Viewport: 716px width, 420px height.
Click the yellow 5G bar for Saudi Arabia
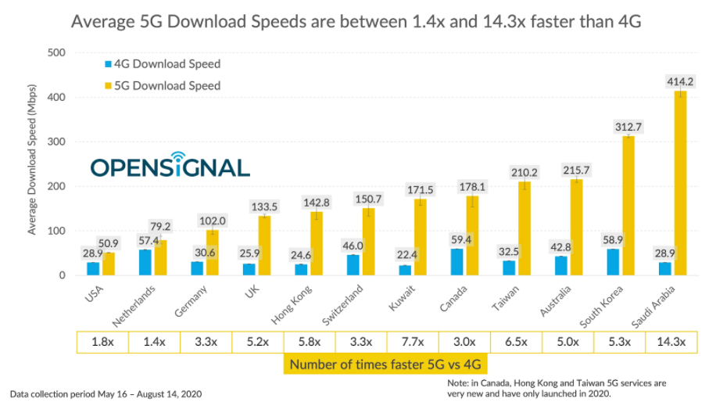tap(680, 183)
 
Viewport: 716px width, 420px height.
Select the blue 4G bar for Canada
tap(457, 262)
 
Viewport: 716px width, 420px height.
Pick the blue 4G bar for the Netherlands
tap(145, 263)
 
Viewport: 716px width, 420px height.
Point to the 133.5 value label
tap(265, 206)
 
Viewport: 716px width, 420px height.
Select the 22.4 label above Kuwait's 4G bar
tap(405, 254)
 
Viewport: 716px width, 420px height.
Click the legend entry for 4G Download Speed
tap(163, 64)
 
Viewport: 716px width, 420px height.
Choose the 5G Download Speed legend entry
tap(163, 86)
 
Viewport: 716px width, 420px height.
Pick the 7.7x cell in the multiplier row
tap(413, 342)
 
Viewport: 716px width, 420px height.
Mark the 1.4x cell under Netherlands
tap(154, 342)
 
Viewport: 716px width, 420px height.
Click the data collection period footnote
tap(106, 394)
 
